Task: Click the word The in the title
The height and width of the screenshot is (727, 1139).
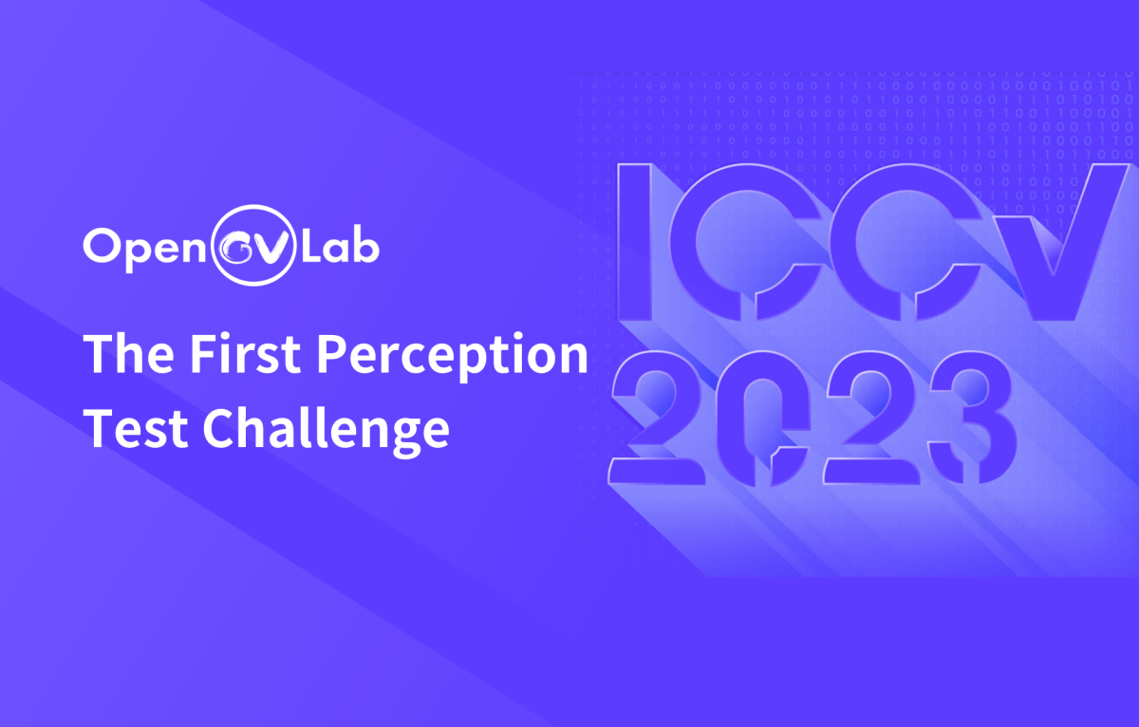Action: pos(129,353)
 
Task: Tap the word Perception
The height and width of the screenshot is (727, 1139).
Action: pos(453,357)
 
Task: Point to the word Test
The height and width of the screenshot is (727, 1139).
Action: pos(136,429)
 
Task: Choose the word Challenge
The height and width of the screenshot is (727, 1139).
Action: pos(326,431)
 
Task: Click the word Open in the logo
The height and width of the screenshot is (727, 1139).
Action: pos(144,249)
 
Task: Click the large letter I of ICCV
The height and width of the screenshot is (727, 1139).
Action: pos(635,242)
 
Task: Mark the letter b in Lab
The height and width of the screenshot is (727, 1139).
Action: pos(364,246)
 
